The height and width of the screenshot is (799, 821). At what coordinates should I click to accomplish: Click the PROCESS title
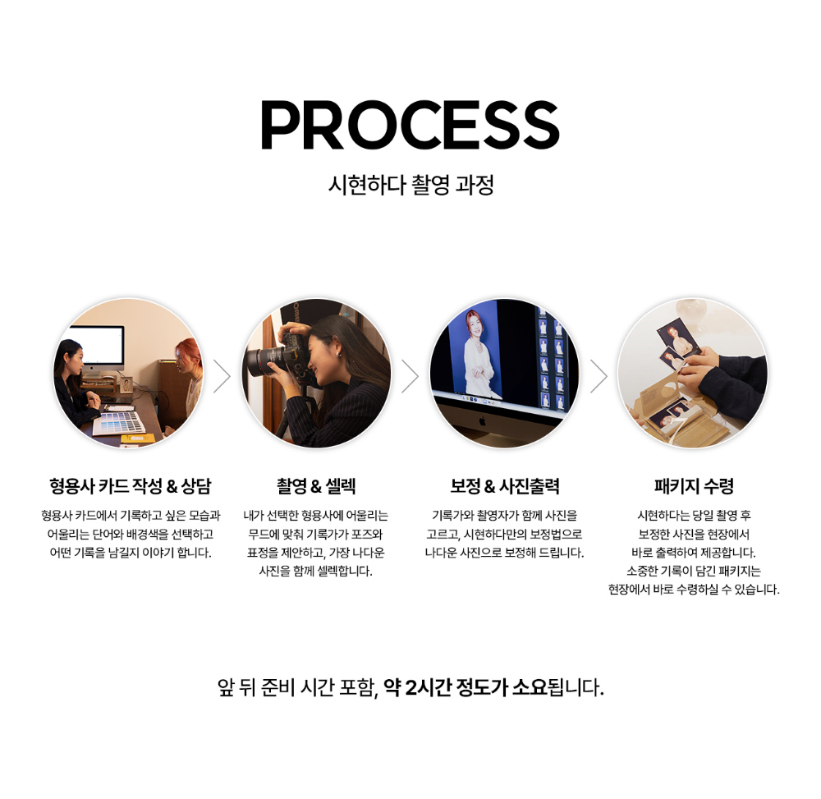(410, 126)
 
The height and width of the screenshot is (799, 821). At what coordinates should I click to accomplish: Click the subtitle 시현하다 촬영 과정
(410, 185)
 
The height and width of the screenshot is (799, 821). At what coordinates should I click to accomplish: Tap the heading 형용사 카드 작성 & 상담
(130, 486)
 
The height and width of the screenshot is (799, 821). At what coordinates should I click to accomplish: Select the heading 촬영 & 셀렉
(316, 486)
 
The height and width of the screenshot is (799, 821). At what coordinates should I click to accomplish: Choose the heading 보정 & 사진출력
(504, 486)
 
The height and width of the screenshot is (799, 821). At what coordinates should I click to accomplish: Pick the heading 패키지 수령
(694, 486)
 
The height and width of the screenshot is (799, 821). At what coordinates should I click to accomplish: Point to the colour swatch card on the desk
(120, 422)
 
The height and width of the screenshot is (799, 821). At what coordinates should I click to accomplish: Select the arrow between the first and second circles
(222, 376)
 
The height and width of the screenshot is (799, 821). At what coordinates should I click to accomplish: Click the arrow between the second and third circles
(410, 376)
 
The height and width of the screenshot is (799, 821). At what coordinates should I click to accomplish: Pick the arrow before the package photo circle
(599, 376)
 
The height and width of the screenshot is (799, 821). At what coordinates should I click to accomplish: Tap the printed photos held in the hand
(677, 341)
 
